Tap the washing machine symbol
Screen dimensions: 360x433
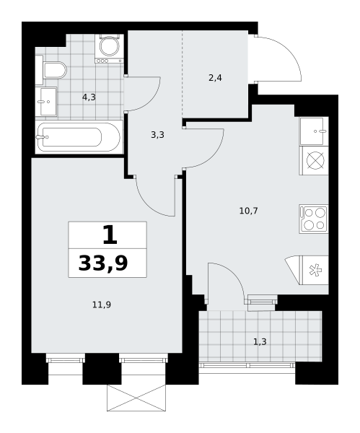109,48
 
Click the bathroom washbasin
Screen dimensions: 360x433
46,102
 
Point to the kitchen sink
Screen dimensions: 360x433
314,131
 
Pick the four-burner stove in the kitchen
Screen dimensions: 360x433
314,219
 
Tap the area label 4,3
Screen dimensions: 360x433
89,97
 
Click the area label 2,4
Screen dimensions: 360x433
215,78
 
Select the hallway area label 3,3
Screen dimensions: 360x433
158,135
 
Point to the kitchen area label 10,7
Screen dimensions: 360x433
248,211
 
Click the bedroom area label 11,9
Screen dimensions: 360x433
102,305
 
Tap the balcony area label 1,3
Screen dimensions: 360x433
260,342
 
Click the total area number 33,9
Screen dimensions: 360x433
103,263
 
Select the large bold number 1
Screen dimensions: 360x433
110,235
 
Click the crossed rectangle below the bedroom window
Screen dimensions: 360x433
136,398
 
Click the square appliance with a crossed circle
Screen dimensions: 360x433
314,160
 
